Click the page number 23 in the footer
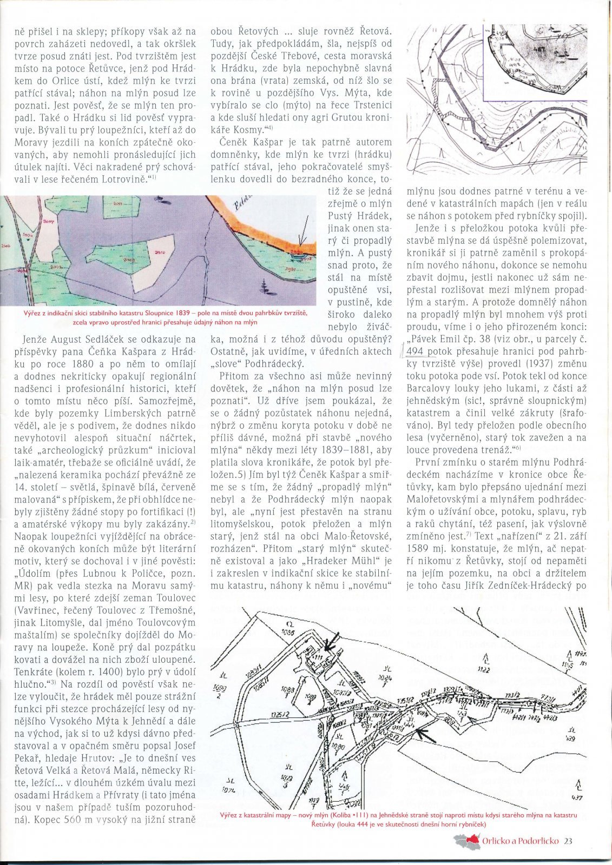[568, 841]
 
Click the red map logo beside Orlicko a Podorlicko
[468, 841]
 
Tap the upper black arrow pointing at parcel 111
[328, 642]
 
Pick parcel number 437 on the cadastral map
[578, 797]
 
